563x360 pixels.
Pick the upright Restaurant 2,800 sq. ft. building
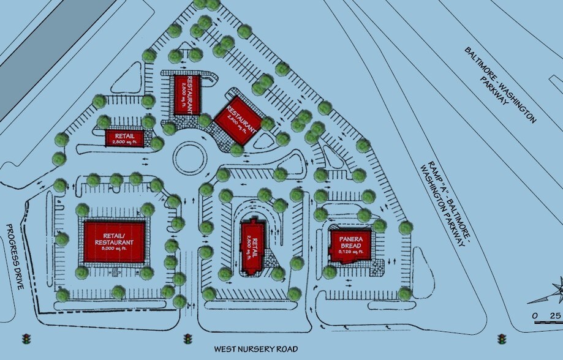tap(187, 94)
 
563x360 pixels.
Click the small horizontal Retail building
tap(124, 138)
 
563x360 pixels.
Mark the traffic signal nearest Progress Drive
tap(26, 339)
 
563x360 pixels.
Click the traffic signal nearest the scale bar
tap(502, 339)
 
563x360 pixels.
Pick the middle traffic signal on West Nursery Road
tap(187, 339)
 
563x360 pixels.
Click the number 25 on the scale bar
tap(554, 315)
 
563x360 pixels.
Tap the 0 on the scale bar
tap(535, 315)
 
